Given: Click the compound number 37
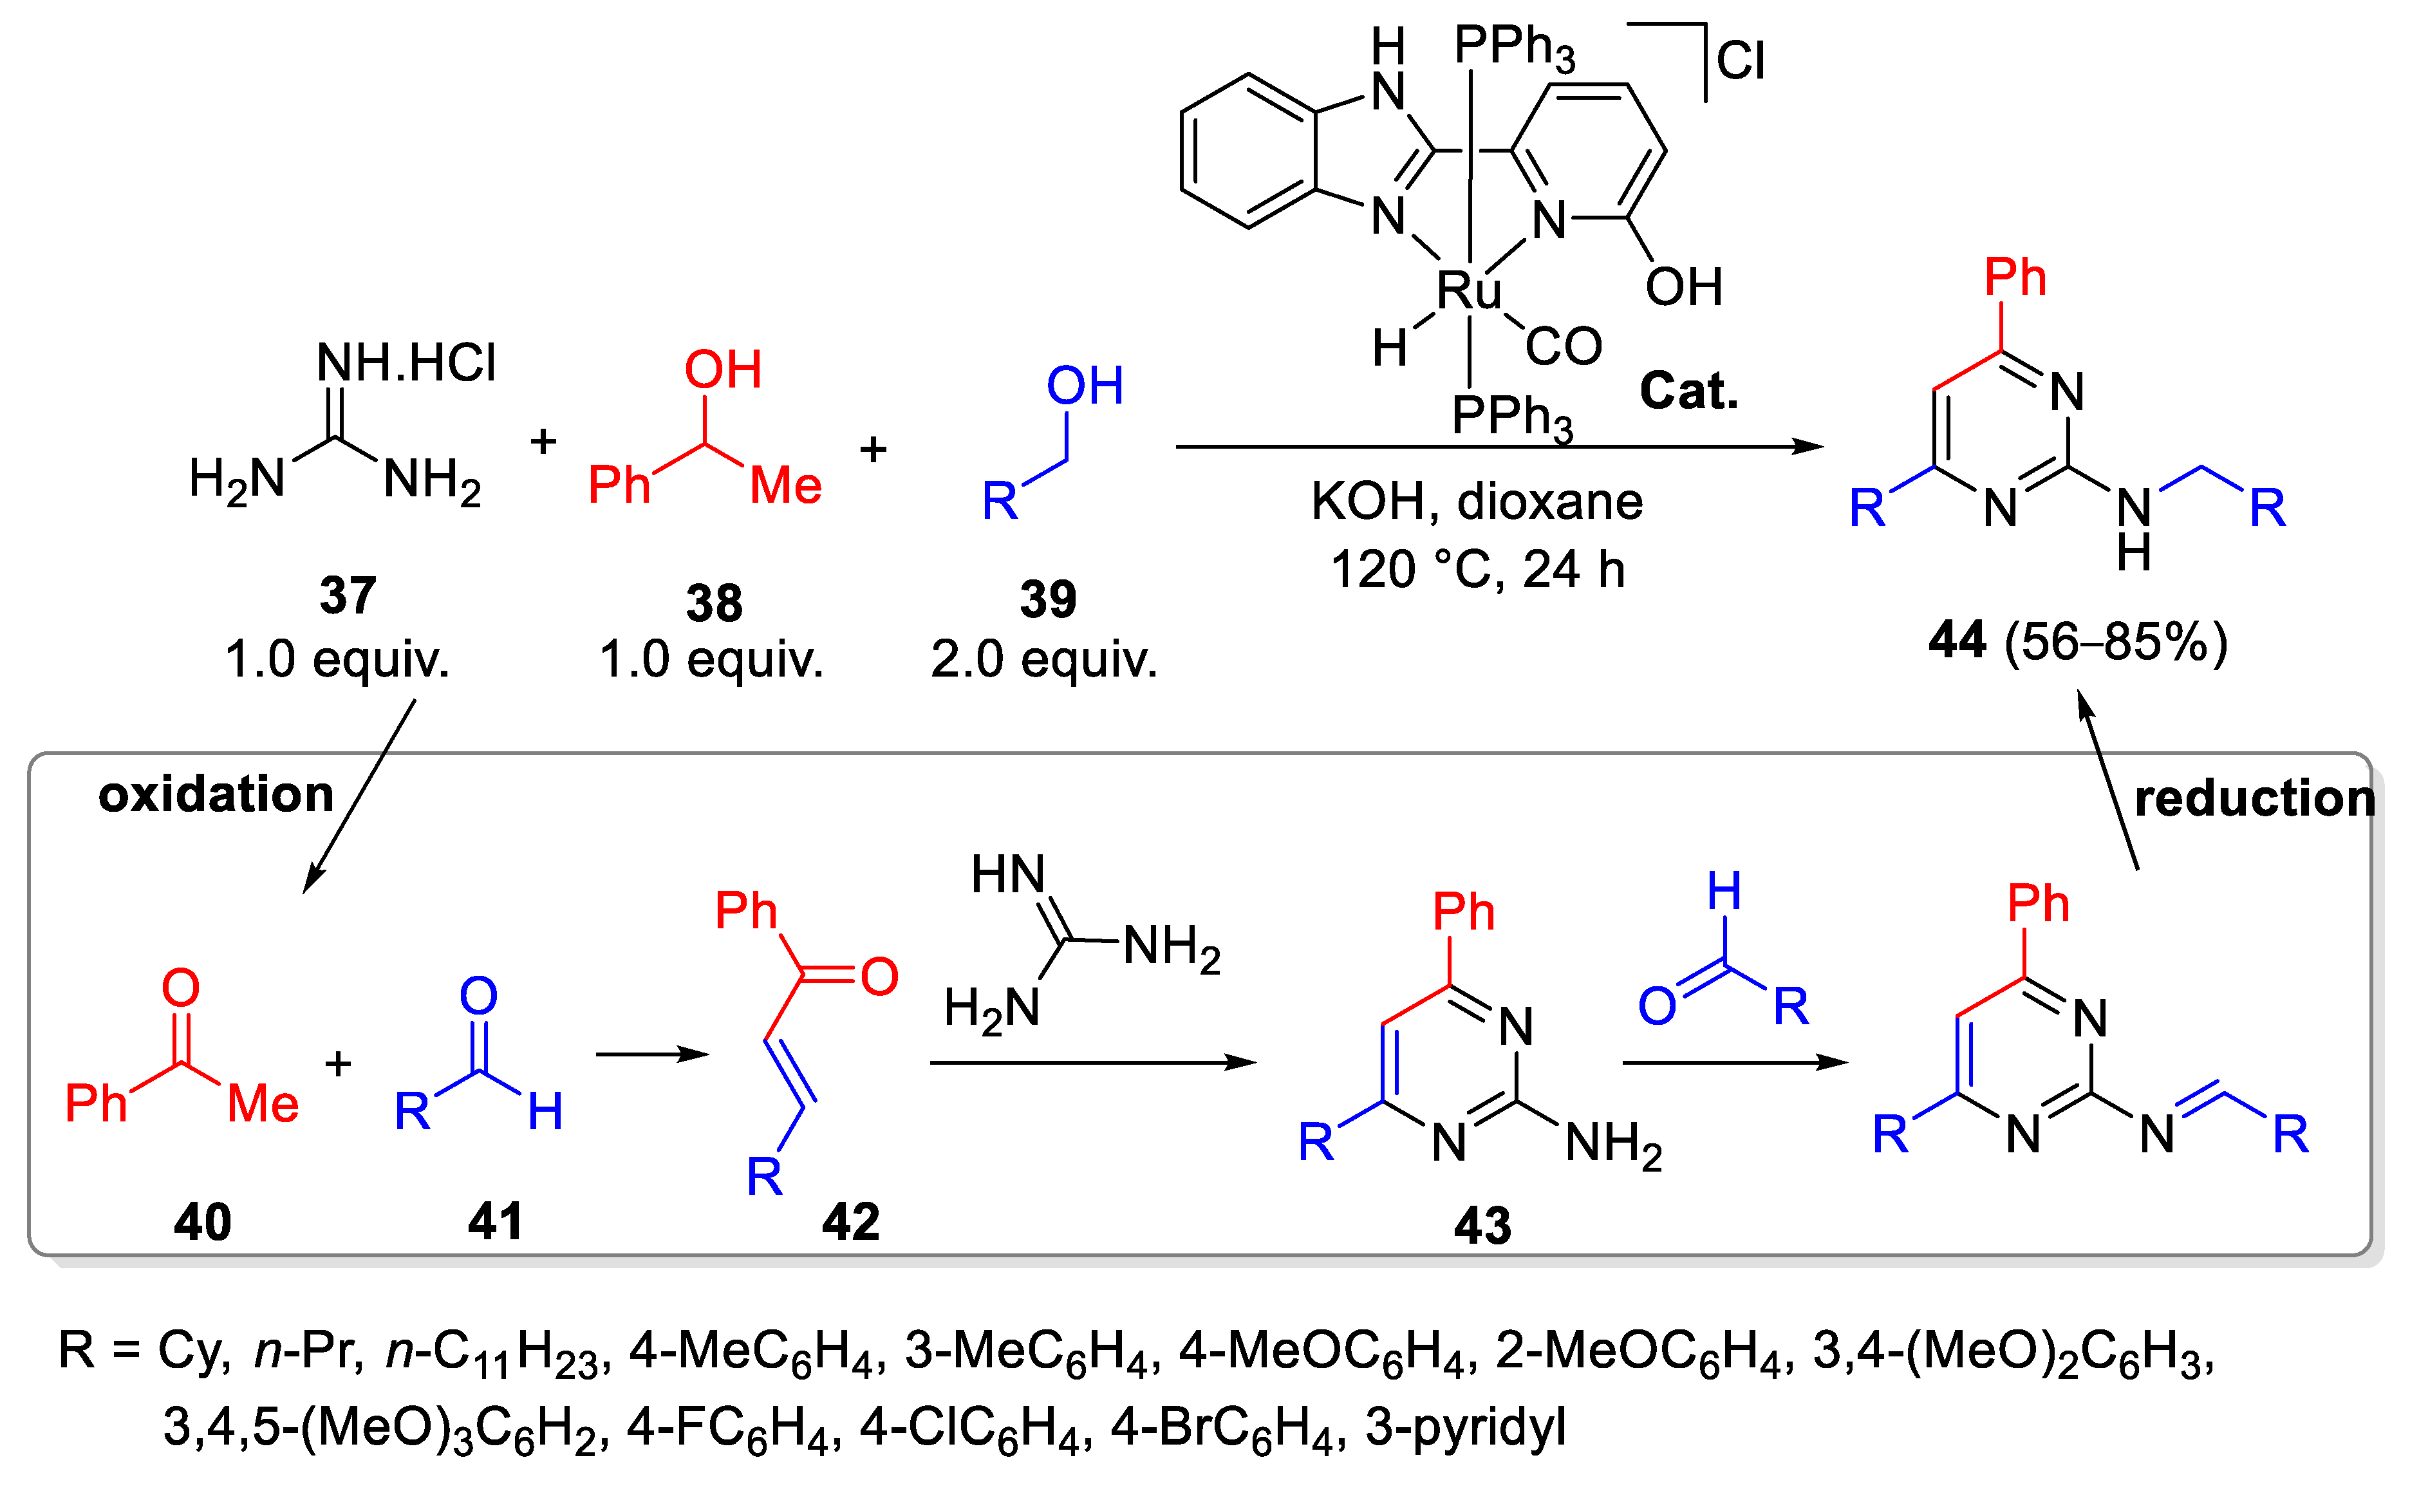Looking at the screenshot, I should pos(348,596).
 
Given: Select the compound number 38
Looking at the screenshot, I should pos(714,603).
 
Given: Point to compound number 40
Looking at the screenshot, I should pos(202,1222).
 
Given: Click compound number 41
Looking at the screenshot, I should pos(494,1221).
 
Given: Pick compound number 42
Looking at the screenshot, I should pos(850,1222).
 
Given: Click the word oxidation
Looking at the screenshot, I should pos(216,794).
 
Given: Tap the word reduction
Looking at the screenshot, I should pos(2254,798).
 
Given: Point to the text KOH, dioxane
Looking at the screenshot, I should pos(1477,502).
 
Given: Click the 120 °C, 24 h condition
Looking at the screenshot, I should pos(1477,569).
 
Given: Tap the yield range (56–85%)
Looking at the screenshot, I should pos(2116,642).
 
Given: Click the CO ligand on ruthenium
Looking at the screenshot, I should pos(1564,346).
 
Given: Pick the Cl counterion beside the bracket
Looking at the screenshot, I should pos(1741,61).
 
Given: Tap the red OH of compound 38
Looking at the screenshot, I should pos(723,370).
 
